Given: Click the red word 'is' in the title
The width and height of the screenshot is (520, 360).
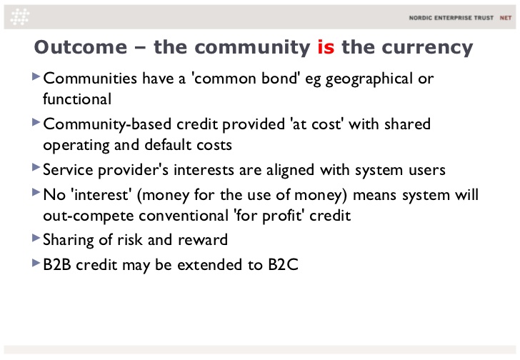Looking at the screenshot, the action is click(x=326, y=47).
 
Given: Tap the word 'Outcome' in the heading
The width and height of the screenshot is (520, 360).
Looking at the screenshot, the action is click(x=81, y=47).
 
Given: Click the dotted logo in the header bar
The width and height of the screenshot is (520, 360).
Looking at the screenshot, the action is click(x=19, y=17).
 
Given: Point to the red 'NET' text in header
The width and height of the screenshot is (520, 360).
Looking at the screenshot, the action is click(x=506, y=18).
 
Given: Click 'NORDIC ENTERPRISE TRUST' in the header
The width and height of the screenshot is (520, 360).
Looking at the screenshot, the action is click(x=451, y=18).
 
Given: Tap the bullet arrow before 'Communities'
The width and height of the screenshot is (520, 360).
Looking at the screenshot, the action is click(x=36, y=76).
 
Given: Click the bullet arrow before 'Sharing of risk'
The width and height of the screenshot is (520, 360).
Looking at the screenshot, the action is click(x=36, y=238).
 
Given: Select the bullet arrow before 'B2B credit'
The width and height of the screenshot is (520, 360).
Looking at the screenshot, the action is click(x=36, y=263).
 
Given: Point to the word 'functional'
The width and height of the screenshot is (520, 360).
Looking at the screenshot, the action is click(x=77, y=99).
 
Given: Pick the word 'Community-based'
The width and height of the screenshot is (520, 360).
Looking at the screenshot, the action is click(x=107, y=125).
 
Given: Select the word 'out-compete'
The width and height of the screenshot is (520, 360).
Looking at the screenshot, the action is click(x=89, y=216).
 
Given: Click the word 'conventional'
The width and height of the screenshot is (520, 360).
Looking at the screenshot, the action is click(x=184, y=216).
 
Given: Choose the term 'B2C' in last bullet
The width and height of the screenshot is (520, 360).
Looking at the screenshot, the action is click(x=283, y=264).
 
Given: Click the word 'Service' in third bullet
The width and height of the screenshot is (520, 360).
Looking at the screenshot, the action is click(x=68, y=170).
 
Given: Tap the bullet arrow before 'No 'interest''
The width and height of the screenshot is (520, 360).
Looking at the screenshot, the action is click(x=36, y=192).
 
